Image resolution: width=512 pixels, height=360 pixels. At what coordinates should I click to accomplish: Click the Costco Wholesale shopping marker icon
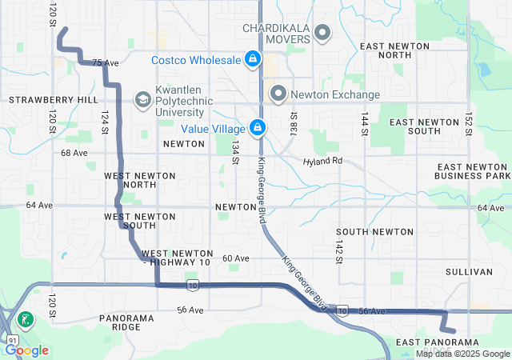[x=252, y=60]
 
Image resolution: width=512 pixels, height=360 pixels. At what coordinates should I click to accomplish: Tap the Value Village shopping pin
[x=258, y=127]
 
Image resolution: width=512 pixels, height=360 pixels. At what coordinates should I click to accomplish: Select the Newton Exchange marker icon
[x=278, y=94]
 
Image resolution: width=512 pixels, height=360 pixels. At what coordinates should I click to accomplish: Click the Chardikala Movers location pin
[x=322, y=33]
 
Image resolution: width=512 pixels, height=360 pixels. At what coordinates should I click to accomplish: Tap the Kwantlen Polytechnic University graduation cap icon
[x=142, y=99]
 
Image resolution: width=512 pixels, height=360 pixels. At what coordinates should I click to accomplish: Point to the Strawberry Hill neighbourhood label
[x=53, y=100]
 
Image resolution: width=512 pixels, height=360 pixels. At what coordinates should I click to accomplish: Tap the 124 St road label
[x=104, y=122]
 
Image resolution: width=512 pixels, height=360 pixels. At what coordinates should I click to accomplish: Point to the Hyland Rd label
[x=322, y=161]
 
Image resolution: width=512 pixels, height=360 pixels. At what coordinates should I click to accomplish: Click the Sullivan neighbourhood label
[x=470, y=272]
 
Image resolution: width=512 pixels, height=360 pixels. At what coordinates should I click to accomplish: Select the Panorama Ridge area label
[x=126, y=322]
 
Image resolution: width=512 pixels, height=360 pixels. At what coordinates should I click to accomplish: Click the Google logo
[x=27, y=350]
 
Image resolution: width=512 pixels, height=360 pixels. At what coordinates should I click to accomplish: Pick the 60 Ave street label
[x=235, y=258]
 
